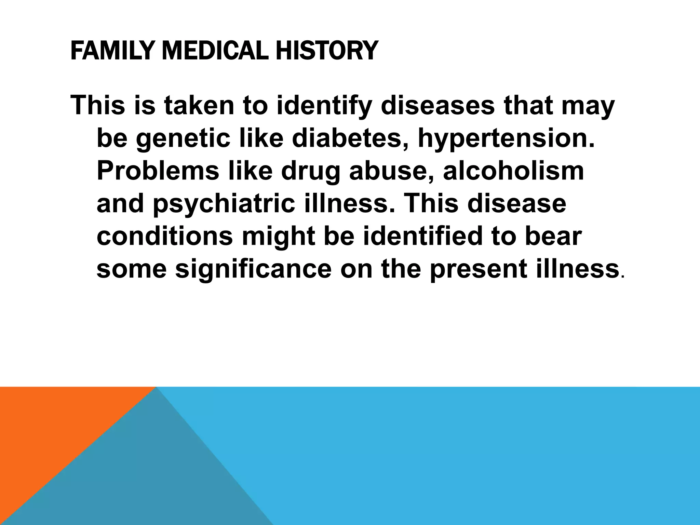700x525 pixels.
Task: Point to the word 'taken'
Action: [198, 106]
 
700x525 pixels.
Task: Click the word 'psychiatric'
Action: [224, 204]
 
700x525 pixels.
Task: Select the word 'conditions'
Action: [165, 236]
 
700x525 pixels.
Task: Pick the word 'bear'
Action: [553, 236]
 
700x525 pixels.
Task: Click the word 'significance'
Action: [253, 269]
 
